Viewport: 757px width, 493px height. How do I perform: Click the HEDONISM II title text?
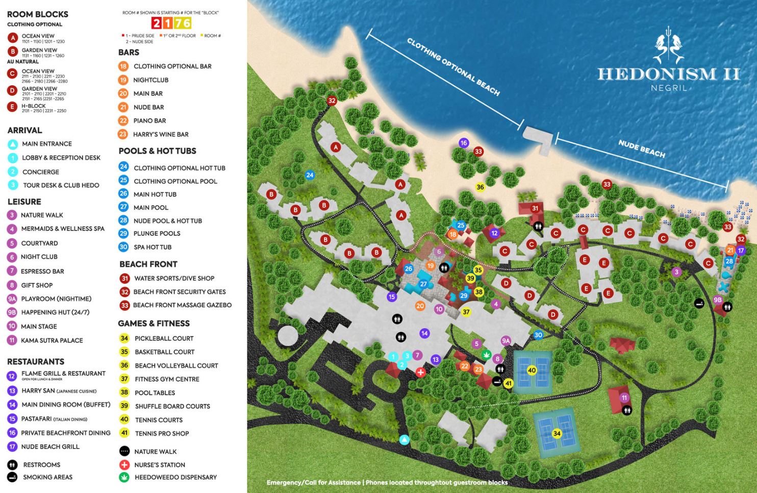tap(668, 74)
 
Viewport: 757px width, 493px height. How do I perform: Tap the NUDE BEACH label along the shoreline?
tap(641, 149)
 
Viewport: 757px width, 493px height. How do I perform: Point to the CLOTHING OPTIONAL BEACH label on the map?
tap(453, 66)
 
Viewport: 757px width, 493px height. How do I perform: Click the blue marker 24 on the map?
tap(310, 175)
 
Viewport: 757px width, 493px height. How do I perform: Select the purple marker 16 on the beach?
tap(464, 143)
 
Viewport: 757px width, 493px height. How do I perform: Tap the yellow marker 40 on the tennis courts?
tap(532, 371)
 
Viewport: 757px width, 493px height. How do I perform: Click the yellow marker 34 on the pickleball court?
tap(557, 433)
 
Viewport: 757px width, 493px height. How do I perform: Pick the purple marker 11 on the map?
tap(624, 398)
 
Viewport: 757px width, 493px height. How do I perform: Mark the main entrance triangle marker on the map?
tap(405, 439)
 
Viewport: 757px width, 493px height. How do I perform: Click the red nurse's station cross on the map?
tap(420, 372)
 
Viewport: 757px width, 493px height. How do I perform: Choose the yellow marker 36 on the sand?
tap(480, 187)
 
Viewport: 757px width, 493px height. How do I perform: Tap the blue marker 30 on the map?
tap(538, 335)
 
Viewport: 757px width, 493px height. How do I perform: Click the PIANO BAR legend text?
tap(149, 121)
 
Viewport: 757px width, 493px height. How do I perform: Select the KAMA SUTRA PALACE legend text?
tap(52, 340)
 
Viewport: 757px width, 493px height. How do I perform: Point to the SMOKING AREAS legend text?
tap(47, 477)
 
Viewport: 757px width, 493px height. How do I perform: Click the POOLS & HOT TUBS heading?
tap(157, 151)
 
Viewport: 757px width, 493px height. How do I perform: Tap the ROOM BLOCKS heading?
tap(38, 14)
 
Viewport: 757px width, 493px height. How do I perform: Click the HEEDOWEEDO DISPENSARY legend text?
tap(175, 477)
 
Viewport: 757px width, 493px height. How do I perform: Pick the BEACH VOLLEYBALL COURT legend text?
tap(176, 365)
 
